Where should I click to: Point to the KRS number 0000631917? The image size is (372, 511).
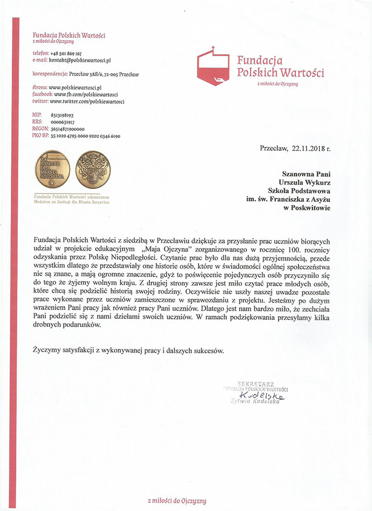coord(63,123)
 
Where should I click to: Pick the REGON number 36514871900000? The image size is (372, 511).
coord(68,129)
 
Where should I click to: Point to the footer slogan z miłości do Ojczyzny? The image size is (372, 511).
coord(177,501)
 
